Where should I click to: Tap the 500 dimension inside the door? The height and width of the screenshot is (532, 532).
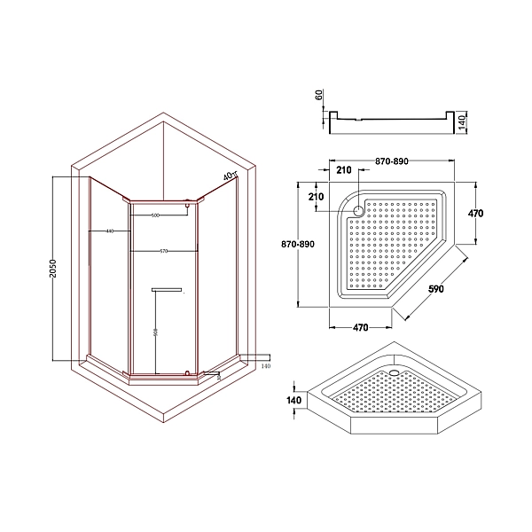[156, 215]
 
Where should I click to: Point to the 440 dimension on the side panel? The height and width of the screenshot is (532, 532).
[109, 231]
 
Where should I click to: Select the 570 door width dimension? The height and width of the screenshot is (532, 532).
[164, 251]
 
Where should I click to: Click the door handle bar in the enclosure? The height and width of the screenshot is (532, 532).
[167, 289]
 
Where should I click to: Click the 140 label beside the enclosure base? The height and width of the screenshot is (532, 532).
[264, 364]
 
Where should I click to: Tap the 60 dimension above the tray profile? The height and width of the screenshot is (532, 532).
[320, 96]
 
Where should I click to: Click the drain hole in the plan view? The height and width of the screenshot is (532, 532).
[358, 211]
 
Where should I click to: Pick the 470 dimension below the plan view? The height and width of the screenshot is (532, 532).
[360, 327]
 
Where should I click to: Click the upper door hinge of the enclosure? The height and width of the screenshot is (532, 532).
[188, 208]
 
